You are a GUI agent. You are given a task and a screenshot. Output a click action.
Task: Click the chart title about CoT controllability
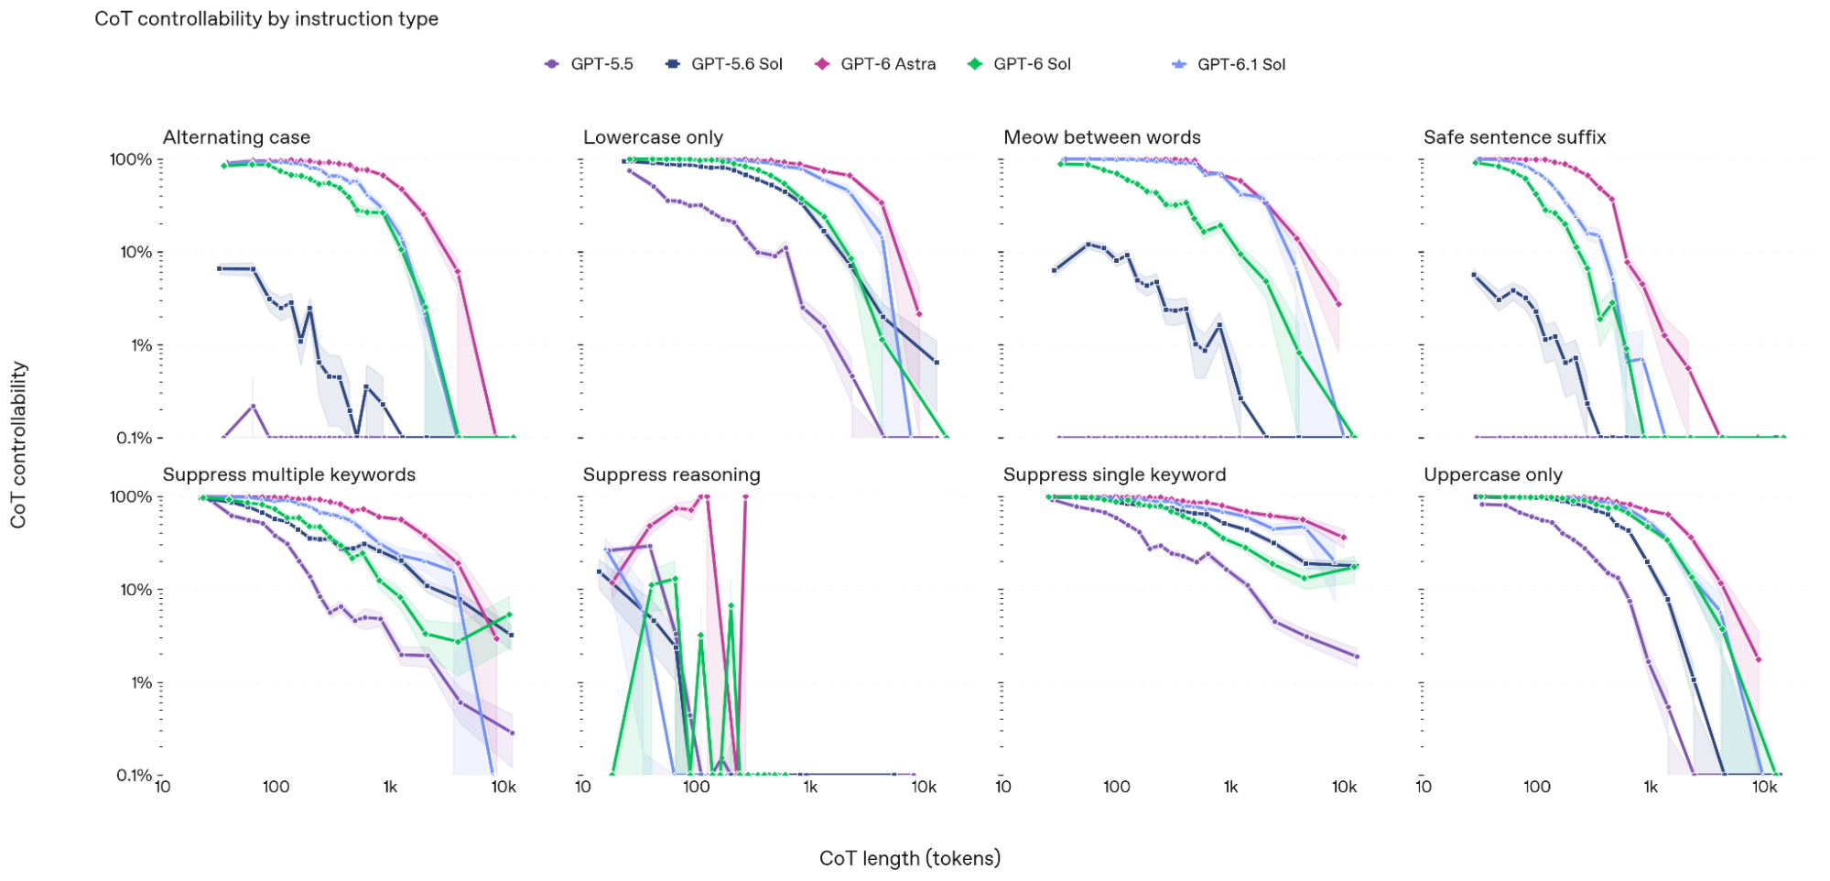click(266, 19)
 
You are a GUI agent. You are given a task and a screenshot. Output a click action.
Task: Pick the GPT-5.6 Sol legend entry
click(724, 64)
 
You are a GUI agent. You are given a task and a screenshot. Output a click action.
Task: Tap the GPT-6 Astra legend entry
click(876, 64)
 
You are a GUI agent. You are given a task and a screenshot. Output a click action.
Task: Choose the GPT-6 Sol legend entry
click(1020, 64)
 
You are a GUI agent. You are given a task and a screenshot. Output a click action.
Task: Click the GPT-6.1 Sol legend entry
click(1229, 64)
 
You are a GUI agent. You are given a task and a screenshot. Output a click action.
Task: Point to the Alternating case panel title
click(236, 137)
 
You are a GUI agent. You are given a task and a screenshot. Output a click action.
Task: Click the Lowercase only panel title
click(653, 137)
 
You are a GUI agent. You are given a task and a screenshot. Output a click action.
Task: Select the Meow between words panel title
click(1102, 137)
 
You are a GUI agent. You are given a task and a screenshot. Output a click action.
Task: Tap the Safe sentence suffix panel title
click(1515, 137)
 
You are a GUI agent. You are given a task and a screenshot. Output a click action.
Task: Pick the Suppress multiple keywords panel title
click(289, 474)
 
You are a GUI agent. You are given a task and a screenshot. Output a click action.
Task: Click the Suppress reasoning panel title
click(672, 474)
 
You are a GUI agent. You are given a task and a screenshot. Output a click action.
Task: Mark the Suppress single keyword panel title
click(1114, 474)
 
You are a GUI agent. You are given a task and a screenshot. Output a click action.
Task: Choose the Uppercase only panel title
click(1493, 474)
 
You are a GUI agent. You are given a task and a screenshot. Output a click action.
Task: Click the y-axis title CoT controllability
click(18, 445)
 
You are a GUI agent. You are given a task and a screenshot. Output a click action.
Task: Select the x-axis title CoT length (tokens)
click(910, 858)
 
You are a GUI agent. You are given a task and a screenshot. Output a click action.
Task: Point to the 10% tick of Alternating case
click(136, 253)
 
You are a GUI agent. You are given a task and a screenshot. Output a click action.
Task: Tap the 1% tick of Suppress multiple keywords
click(141, 683)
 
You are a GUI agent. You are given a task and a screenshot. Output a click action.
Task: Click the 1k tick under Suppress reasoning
click(810, 787)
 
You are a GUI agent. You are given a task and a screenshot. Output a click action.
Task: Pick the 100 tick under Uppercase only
click(1537, 787)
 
